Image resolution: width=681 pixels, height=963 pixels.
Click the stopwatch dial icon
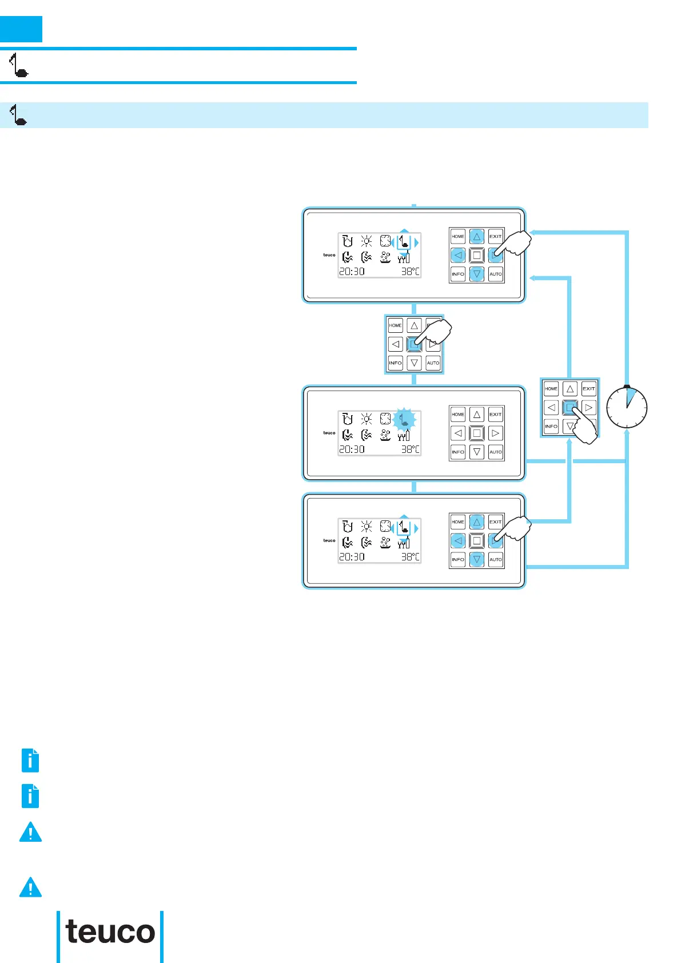tap(627, 408)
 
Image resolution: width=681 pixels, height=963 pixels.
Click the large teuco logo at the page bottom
tap(110, 932)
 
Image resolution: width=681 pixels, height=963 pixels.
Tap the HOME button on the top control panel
tap(458, 236)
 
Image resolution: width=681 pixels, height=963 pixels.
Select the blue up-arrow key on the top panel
tap(477, 236)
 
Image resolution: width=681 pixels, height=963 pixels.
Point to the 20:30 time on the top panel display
tap(352, 272)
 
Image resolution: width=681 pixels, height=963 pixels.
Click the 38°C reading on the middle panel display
tap(410, 449)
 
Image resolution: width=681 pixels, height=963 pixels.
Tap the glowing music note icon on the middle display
tap(404, 420)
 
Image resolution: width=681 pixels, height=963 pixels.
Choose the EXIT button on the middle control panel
tap(495, 414)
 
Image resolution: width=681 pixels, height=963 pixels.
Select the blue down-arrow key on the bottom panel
tap(477, 559)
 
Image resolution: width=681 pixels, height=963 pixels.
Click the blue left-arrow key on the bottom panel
tap(458, 540)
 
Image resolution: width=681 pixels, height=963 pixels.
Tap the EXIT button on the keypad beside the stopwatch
tap(588, 389)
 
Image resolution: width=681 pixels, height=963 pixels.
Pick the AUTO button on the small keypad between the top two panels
tap(433, 363)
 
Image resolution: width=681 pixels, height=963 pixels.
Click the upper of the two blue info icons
tap(30, 761)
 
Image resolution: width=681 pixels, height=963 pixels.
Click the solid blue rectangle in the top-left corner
tap(21, 29)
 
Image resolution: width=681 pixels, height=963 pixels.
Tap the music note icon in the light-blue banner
tap(19, 115)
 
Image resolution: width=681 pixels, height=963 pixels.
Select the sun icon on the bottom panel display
tap(367, 526)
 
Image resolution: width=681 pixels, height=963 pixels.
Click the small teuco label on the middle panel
tap(329, 433)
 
